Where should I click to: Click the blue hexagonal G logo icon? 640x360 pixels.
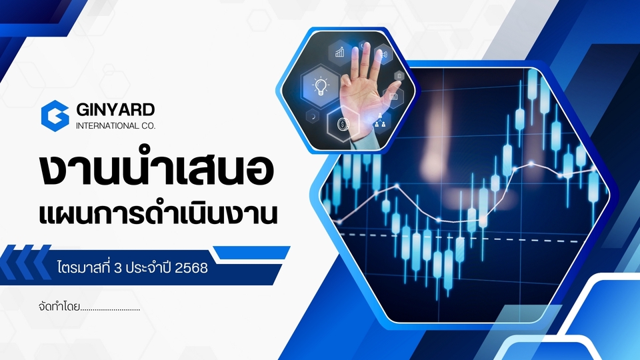click(x=55, y=116)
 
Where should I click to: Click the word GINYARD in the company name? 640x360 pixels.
click(x=115, y=109)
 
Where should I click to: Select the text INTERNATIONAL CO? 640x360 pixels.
click(x=115, y=126)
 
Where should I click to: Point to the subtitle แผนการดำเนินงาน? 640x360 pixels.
click(x=158, y=213)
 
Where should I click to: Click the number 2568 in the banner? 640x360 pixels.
click(x=191, y=268)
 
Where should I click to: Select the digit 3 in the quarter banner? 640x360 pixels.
click(x=119, y=268)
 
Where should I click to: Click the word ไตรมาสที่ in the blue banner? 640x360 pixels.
click(x=84, y=267)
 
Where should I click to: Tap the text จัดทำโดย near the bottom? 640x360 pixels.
click(x=59, y=306)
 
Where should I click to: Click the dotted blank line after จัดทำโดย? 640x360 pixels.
click(x=110, y=310)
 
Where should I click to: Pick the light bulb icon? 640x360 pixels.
click(x=321, y=86)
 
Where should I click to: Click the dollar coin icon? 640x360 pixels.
click(x=342, y=124)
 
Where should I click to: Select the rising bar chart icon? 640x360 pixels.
click(x=339, y=52)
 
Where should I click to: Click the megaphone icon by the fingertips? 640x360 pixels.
click(x=384, y=54)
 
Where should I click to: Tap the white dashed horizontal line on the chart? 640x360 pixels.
click(x=459, y=238)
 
